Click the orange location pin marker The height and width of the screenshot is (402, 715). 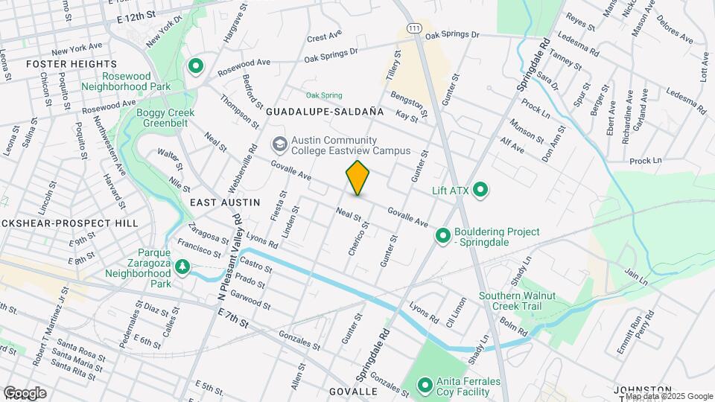[357, 178]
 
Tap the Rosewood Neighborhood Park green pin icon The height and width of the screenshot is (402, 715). [196, 67]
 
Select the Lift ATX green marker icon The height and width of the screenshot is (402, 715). [480, 191]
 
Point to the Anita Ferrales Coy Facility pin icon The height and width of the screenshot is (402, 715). [425, 386]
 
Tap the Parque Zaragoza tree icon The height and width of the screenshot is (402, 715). [181, 266]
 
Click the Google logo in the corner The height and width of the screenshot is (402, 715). [25, 392]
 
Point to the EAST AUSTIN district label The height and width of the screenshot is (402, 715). [224, 202]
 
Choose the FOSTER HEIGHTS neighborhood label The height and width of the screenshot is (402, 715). [61, 65]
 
